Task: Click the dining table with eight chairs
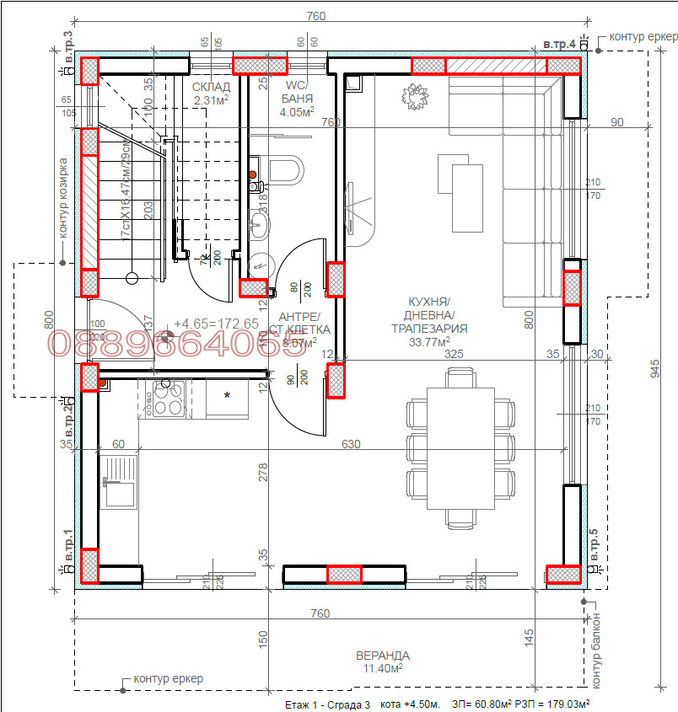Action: (460, 447)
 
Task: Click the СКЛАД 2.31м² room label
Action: (211, 94)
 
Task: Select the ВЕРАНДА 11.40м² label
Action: (382, 661)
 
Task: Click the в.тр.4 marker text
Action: (559, 44)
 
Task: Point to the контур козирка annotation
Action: (63, 198)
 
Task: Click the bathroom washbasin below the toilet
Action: (261, 223)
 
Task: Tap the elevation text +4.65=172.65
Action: (216, 324)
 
